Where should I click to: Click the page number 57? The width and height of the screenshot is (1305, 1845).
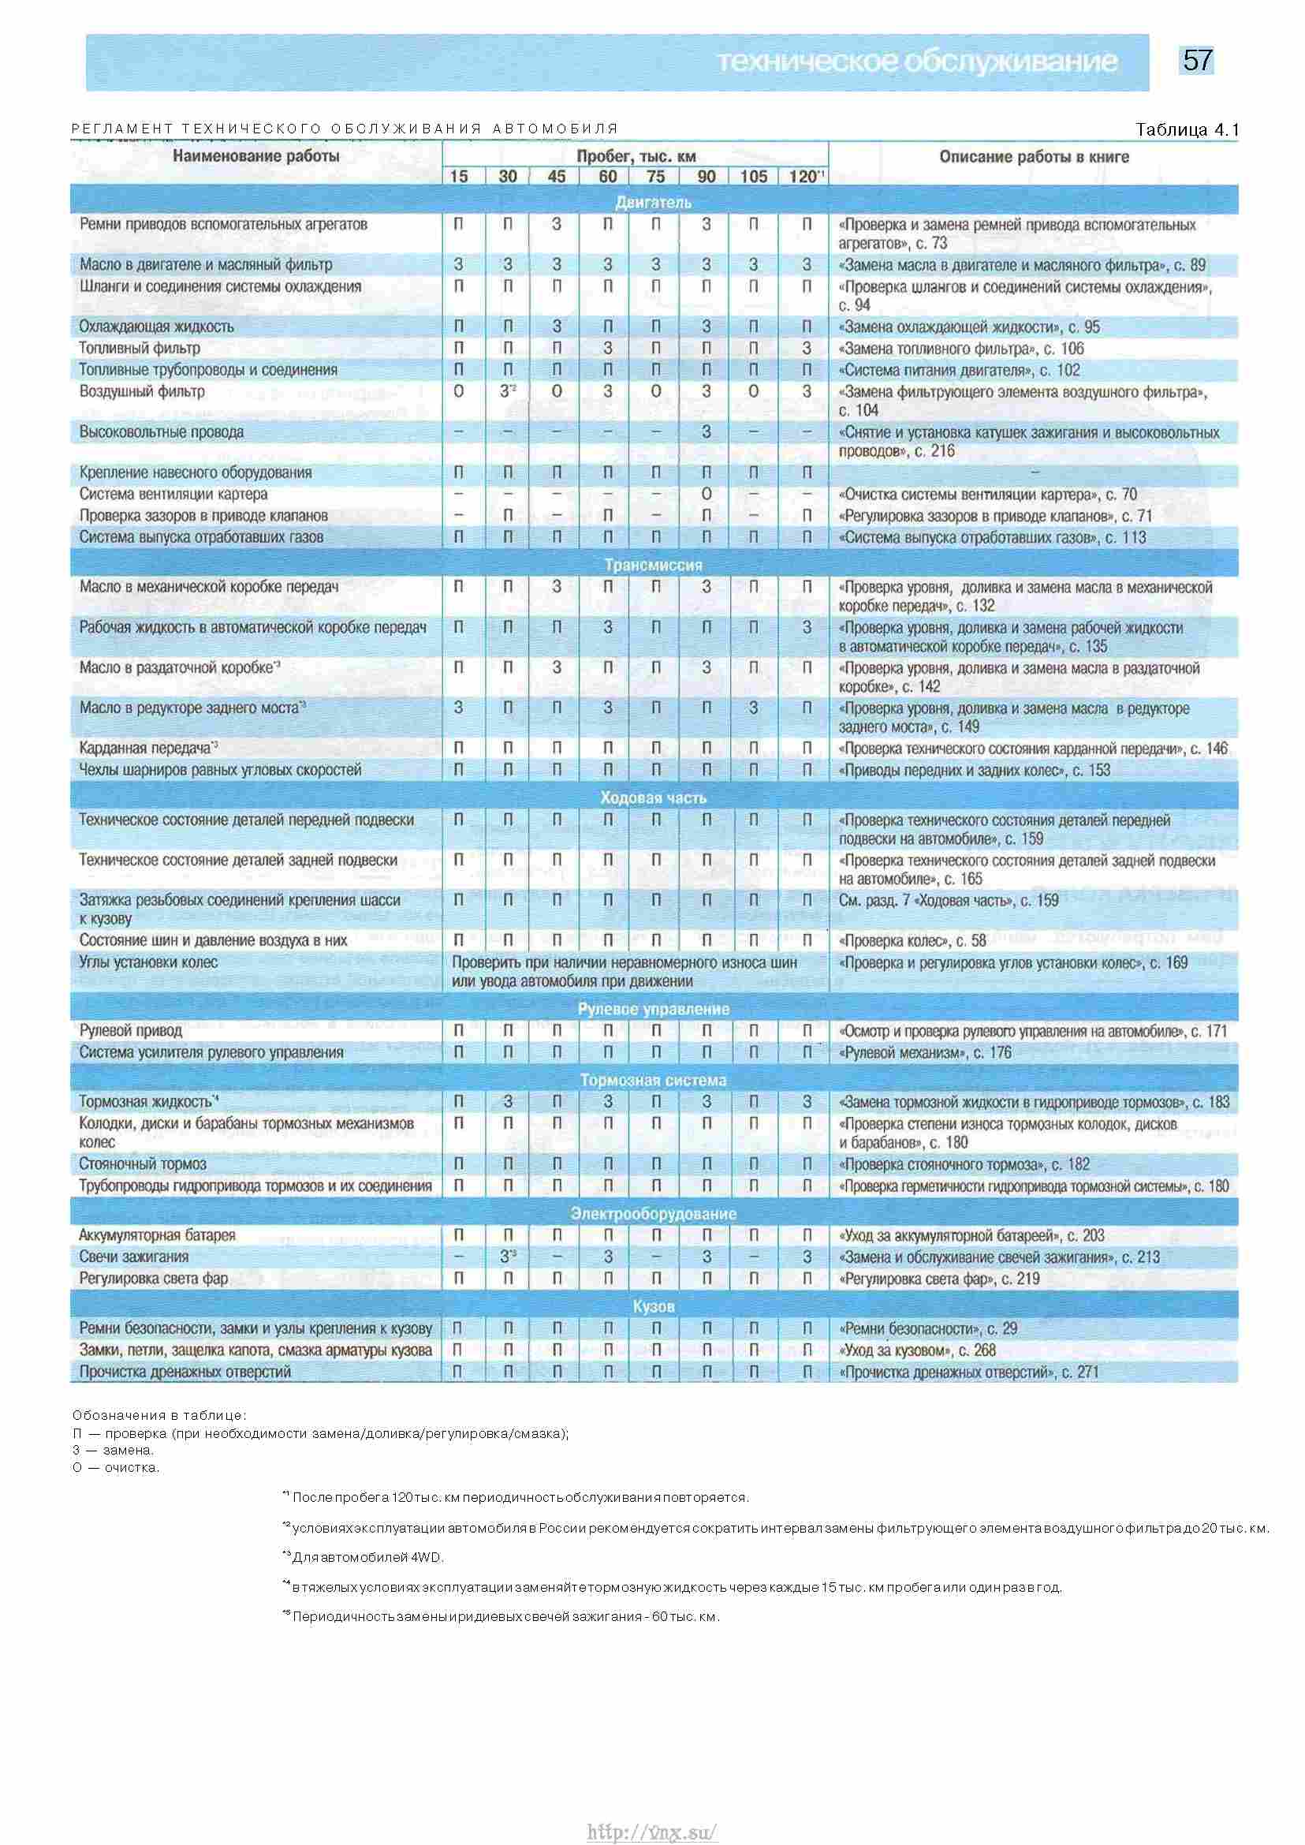[x=1196, y=61]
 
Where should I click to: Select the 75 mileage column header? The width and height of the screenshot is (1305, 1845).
[x=656, y=177]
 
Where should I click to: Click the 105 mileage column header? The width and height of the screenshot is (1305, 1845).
[x=753, y=177]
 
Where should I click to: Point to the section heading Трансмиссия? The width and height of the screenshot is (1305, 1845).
[x=653, y=565]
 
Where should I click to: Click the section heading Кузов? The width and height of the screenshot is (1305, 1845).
[x=653, y=1306]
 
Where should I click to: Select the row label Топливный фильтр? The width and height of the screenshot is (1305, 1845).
[x=140, y=348]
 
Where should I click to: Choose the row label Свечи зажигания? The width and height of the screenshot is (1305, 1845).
[x=133, y=1257]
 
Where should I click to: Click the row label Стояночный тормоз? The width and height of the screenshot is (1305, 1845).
[x=142, y=1164]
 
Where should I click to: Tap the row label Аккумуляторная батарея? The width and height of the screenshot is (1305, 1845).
[x=157, y=1234]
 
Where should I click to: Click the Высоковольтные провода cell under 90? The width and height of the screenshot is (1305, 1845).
[x=706, y=431]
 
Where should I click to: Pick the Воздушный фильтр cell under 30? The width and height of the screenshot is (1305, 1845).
[x=507, y=391]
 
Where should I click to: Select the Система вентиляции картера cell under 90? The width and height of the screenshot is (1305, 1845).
[x=706, y=494]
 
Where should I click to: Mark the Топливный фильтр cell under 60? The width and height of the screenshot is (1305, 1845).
[x=607, y=348]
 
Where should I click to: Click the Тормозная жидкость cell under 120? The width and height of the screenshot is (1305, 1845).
[x=806, y=1102]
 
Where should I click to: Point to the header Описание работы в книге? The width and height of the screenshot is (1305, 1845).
[x=1034, y=157]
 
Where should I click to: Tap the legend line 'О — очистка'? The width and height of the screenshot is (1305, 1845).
[x=116, y=1467]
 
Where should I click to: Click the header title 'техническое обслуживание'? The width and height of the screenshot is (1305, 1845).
[x=916, y=62]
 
